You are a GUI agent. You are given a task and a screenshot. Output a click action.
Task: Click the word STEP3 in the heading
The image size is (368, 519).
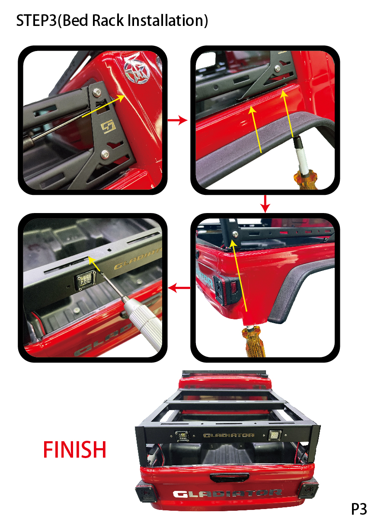[x=36, y=20]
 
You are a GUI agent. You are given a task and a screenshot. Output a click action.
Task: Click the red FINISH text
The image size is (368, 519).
[x=75, y=449]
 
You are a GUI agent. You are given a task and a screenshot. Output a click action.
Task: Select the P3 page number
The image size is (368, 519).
[x=358, y=509]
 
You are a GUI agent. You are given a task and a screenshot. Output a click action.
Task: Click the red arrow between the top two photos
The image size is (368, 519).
[x=177, y=120]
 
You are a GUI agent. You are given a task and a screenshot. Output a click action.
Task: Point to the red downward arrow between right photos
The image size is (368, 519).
[x=265, y=204]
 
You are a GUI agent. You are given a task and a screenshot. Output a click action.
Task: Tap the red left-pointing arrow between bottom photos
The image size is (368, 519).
[x=179, y=288]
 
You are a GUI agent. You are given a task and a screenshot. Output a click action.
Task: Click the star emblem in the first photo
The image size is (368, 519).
[x=137, y=70]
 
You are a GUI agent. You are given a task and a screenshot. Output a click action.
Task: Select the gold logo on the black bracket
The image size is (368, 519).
[x=108, y=127]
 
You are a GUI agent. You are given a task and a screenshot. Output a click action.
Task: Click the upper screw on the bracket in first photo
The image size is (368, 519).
[x=97, y=92]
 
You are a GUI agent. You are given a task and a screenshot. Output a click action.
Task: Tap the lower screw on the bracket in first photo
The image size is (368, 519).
[x=105, y=154]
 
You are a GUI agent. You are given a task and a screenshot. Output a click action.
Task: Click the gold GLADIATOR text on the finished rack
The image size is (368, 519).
[x=229, y=435]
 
